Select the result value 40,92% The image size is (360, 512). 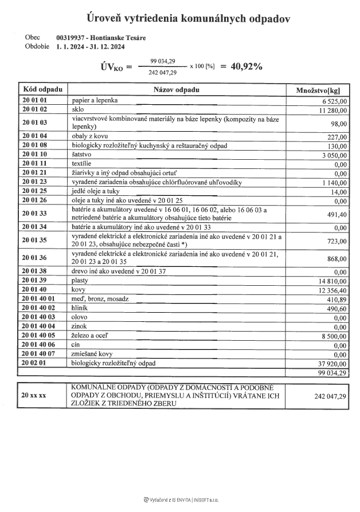(246, 66)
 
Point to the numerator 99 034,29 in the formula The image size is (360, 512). (162, 61)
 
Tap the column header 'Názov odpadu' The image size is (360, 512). (177, 90)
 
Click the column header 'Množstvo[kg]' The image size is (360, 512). (318, 90)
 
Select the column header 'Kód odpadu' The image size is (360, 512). (43, 90)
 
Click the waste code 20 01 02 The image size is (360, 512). (34, 109)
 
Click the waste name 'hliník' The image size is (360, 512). (79, 308)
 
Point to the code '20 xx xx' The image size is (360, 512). (34, 396)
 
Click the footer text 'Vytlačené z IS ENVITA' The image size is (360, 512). (170, 499)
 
